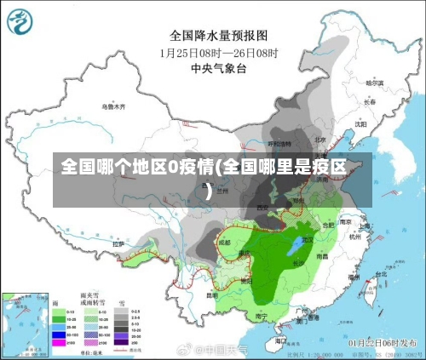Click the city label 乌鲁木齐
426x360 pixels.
[112, 107]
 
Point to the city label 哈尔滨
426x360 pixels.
[375, 83]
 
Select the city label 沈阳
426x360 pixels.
[360, 123]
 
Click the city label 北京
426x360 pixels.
[320, 140]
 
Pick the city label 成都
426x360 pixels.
[224, 242]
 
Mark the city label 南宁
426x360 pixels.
[261, 317]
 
